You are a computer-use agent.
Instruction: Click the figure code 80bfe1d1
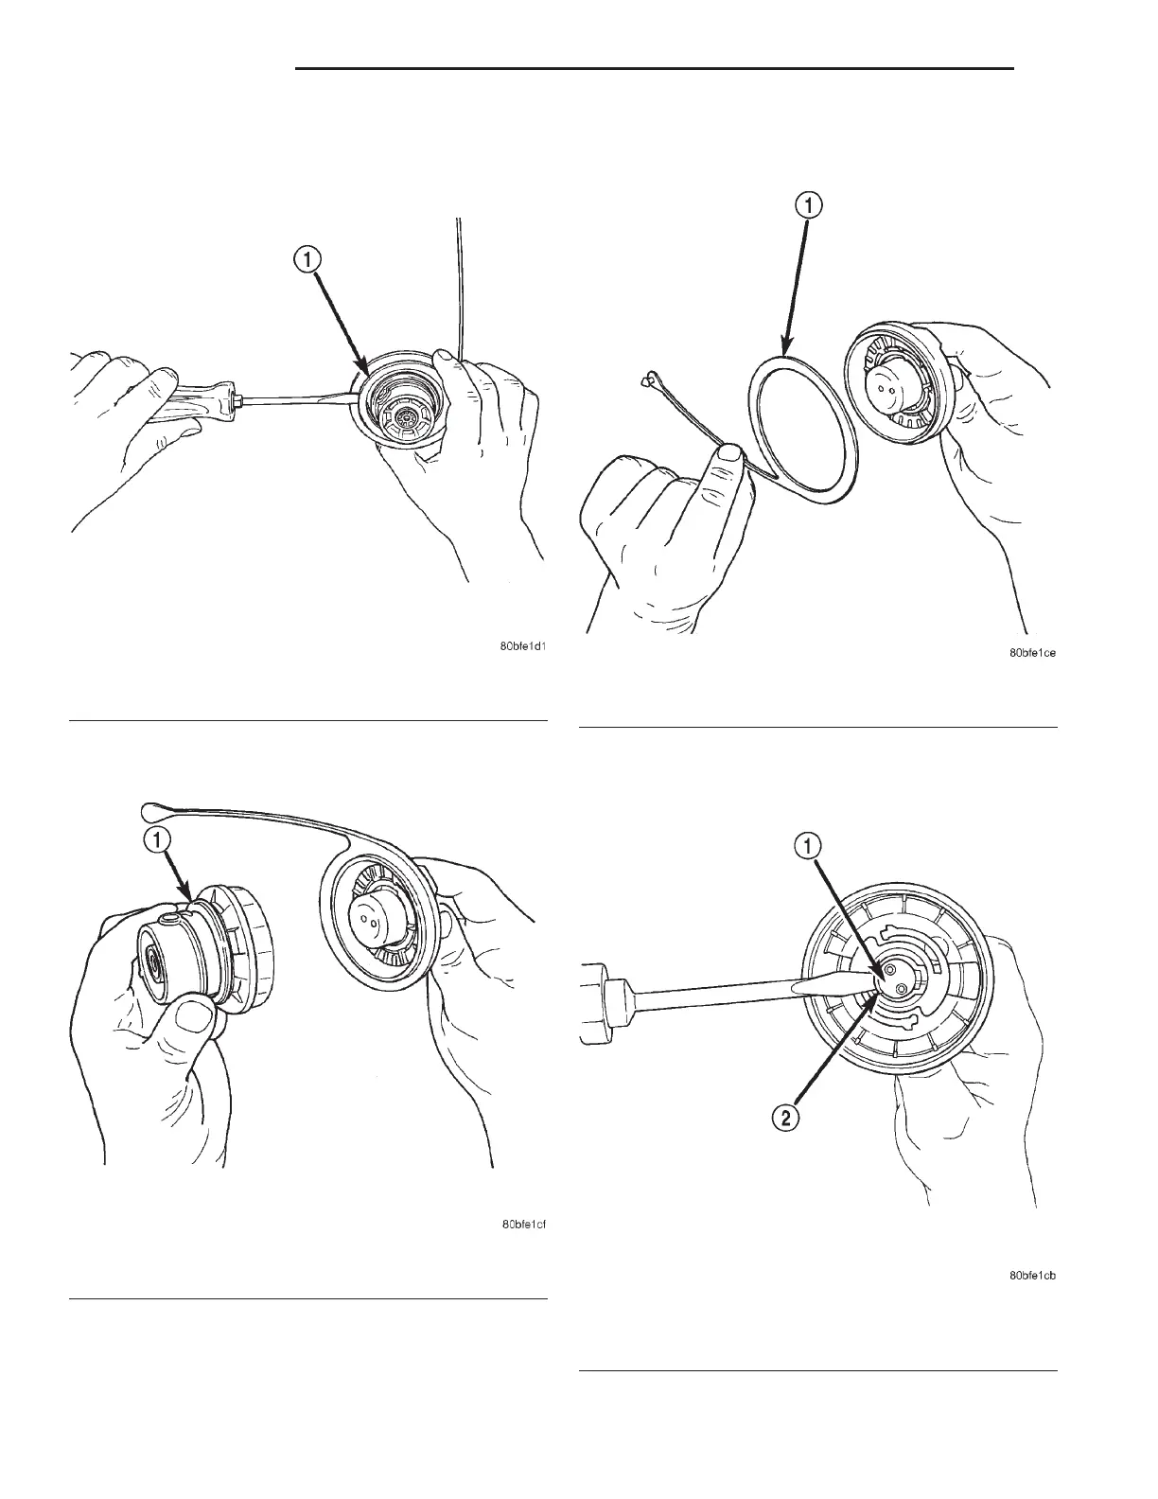[523, 647]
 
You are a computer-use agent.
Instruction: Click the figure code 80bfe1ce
[1032, 653]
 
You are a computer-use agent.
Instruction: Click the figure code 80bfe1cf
[523, 1225]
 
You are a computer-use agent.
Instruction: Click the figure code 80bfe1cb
[1032, 1276]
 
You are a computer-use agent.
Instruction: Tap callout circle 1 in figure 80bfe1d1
[307, 259]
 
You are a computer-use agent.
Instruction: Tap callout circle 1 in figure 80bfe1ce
[810, 204]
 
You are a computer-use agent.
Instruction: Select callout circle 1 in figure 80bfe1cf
[157, 839]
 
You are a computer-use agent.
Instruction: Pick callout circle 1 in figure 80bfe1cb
[810, 846]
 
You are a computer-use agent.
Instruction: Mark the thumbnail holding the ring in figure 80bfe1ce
[728, 456]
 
